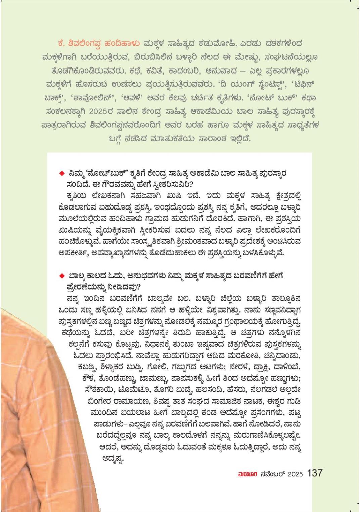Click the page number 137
[x=315, y=473]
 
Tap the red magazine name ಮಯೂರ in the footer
[x=248, y=474]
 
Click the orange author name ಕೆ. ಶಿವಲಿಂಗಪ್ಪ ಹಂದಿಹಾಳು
[x=99, y=43]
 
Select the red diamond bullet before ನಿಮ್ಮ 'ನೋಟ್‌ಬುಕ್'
[x=61, y=173]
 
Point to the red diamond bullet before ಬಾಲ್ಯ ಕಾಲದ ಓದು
[x=61, y=276]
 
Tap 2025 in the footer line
[x=295, y=474]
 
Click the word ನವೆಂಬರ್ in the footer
[x=272, y=474]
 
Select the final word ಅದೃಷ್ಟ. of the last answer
[x=113, y=458]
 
